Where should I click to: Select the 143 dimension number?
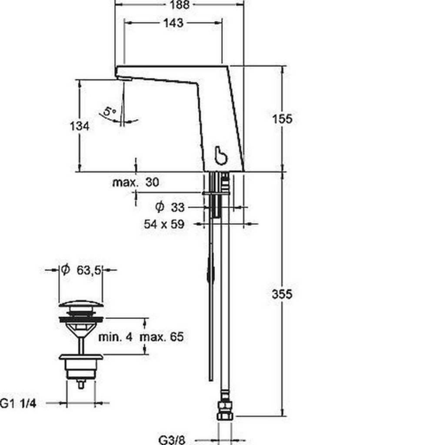point(173,23)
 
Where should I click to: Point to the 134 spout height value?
point(80,126)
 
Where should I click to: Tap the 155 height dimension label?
point(282,119)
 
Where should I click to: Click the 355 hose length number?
point(282,294)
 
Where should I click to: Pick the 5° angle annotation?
point(109,111)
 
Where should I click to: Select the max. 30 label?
point(136,182)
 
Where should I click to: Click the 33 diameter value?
point(178,207)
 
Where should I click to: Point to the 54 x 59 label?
point(164,224)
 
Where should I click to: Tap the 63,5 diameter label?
point(89,270)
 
